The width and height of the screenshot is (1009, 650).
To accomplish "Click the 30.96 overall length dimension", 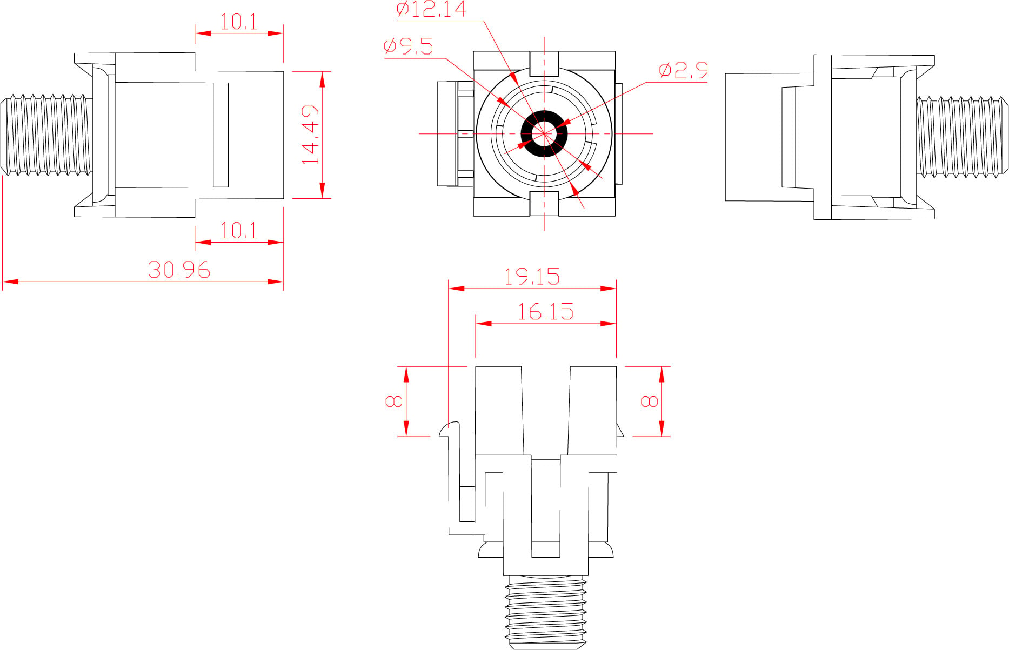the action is point(179,270).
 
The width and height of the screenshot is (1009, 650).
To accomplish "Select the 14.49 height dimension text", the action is point(310,135).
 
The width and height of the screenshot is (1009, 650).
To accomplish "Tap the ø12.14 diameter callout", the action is point(431,9).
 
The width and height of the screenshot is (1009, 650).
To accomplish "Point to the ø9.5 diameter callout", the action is point(409,46).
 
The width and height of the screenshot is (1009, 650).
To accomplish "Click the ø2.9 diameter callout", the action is point(683,70).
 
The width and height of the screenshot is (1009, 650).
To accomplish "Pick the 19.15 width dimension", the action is point(532,277).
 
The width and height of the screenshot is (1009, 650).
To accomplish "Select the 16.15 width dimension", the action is point(545,312).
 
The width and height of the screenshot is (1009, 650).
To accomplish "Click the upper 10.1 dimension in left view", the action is point(239,22).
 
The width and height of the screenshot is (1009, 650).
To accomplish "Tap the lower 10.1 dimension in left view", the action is point(239,231).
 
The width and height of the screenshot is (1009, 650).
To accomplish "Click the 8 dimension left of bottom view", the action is point(393,401).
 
